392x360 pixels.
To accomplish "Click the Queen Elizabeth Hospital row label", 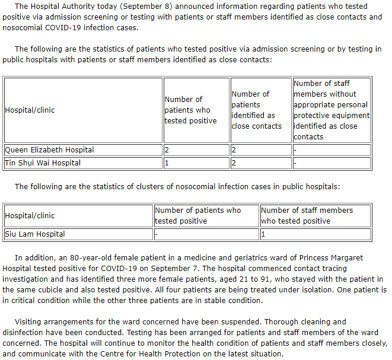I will coord(49,150).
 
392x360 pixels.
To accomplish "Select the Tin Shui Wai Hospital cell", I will coord(43,163).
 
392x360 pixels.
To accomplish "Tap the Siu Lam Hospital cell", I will coord(35,234).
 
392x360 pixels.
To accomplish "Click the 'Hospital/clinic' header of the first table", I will coord(30,110).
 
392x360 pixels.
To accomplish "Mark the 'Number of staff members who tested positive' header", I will coord(307,215).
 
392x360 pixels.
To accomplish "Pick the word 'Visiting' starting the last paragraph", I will coord(30,322).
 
